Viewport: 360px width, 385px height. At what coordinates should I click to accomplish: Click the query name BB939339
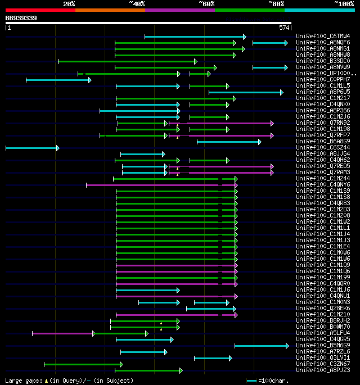click(21, 18)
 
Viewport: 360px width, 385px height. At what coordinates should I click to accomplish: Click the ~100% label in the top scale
click(344, 3)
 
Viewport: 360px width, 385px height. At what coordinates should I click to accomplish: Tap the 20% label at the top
click(69, 3)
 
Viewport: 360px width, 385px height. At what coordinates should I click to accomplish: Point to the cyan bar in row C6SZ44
click(32, 148)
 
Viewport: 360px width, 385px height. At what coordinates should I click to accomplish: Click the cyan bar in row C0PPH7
click(58, 80)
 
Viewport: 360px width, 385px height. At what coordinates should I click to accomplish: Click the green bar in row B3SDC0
click(127, 61)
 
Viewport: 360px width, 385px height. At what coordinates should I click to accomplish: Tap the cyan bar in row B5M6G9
click(261, 346)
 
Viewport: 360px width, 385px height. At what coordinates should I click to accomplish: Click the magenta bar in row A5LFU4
click(62, 333)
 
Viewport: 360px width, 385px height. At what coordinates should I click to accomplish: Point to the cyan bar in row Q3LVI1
click(213, 358)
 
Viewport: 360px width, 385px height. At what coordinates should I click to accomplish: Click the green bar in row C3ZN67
click(83, 364)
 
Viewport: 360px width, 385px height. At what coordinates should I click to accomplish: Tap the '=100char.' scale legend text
click(273, 381)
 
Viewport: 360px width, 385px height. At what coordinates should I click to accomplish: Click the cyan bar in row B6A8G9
click(228, 142)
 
